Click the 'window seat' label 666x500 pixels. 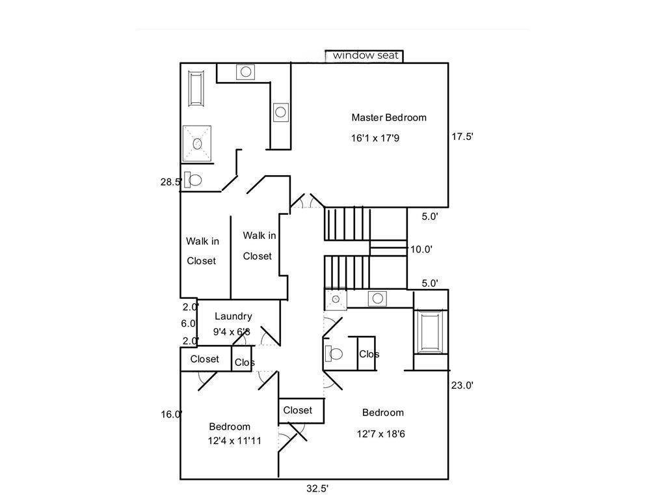365,56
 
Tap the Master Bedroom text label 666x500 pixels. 389,118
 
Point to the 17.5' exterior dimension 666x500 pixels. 462,137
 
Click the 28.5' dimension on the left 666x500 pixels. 170,182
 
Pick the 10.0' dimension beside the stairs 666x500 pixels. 421,249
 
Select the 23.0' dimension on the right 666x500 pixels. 462,385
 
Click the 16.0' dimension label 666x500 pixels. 171,414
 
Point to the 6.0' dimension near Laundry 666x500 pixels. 188,324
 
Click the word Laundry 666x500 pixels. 233,316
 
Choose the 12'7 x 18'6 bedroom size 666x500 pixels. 381,434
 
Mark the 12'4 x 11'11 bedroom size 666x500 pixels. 235,441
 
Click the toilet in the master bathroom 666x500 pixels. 193,180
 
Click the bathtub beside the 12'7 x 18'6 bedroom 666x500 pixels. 430,331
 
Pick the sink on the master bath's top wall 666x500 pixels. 246,72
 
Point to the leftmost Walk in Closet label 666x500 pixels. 202,251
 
